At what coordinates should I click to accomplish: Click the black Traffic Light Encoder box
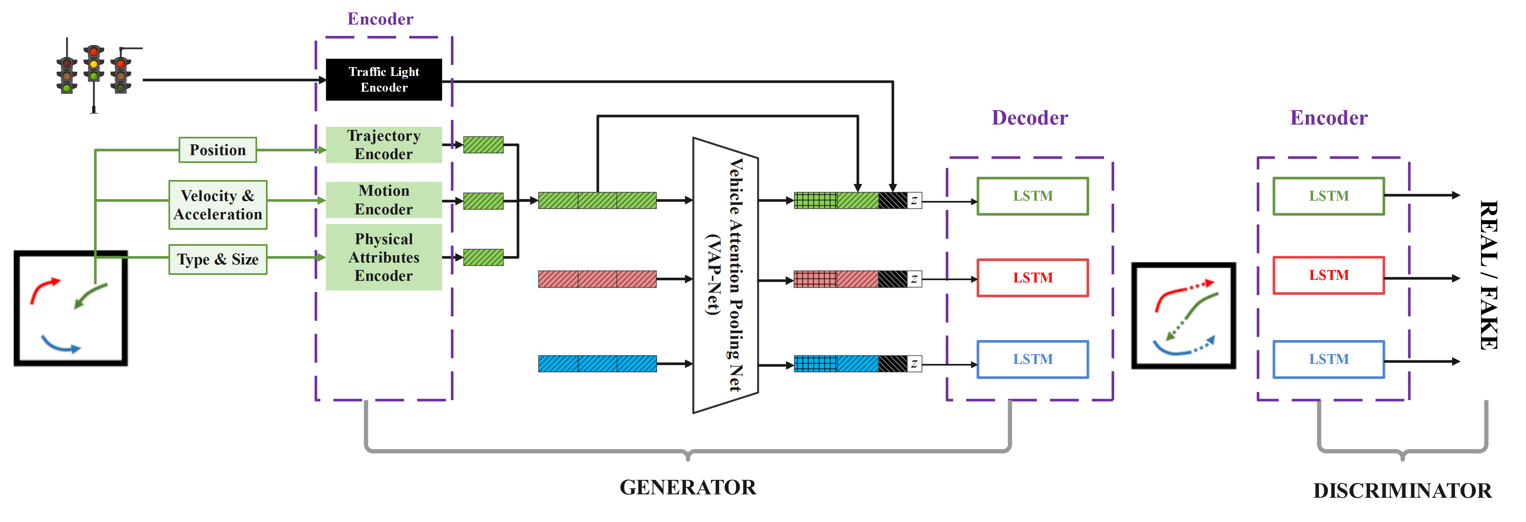(384, 80)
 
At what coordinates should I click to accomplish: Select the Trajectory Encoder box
(384, 145)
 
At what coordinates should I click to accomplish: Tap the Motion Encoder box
(384, 200)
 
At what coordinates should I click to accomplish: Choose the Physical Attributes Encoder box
(384, 257)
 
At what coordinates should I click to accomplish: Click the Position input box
(218, 150)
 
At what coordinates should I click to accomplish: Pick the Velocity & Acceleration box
(218, 205)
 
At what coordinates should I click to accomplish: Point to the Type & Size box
(218, 260)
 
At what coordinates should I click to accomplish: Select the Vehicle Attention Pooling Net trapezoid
(726, 276)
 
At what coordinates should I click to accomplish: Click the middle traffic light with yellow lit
(94, 63)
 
